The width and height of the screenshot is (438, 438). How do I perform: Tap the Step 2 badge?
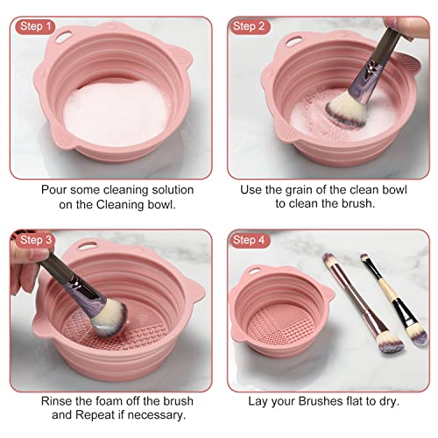pyautogui.click(x=249, y=26)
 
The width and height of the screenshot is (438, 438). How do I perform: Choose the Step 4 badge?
pyautogui.click(x=249, y=239)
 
